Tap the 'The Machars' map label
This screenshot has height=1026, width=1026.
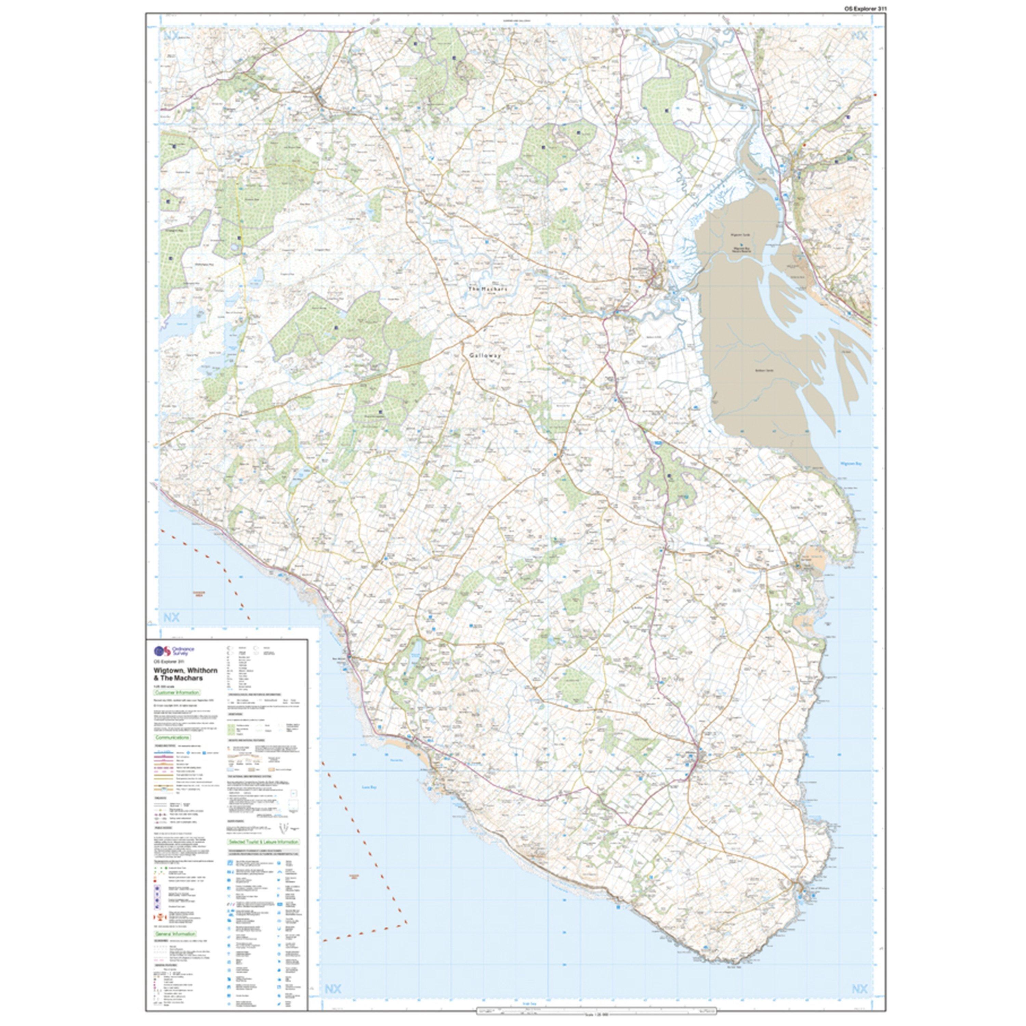(487, 289)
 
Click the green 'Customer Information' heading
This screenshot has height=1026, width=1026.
(177, 693)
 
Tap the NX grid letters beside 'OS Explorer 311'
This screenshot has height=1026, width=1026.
(859, 36)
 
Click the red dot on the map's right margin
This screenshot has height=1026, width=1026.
(874, 94)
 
